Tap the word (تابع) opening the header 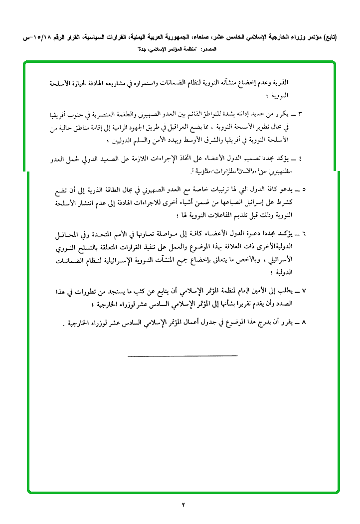(327, 37)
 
